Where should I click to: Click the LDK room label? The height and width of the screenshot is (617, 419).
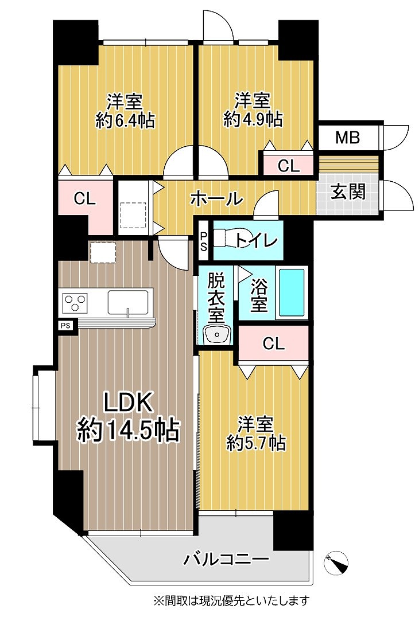point(127,403)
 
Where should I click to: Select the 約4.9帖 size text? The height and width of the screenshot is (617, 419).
point(253,119)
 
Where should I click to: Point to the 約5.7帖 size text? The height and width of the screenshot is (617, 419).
point(256,443)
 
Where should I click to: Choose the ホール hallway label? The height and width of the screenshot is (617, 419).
point(216,199)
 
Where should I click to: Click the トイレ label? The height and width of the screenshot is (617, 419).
point(257,241)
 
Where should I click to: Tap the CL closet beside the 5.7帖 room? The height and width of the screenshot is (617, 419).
point(273,344)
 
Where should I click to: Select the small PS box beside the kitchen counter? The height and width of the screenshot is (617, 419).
point(66,326)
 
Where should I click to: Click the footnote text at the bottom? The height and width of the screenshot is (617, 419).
point(231,601)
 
